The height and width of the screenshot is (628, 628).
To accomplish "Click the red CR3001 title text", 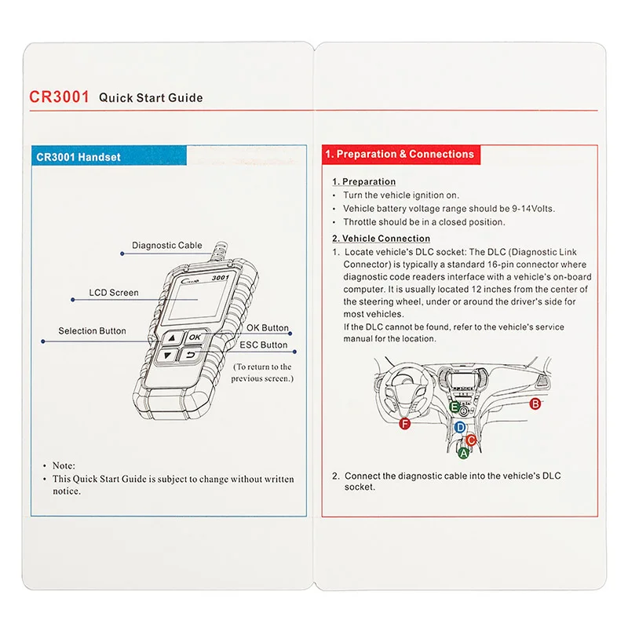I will point(59,97).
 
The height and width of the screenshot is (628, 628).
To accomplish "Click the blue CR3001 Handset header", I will point(78,157).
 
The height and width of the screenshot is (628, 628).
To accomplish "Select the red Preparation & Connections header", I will point(400,155).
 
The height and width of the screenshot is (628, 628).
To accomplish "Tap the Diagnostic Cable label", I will point(166,246).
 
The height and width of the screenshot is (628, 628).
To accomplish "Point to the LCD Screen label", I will point(113,293).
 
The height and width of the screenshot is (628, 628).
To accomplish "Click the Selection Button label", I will point(92,331).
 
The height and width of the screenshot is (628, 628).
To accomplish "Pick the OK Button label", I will point(268,328).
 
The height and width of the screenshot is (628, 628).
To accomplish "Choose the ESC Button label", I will point(263,345).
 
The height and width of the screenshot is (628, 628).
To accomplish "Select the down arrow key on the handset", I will point(167,356).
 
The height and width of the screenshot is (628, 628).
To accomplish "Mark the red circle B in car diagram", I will point(535,403).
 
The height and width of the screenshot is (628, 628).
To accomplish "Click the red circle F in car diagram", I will point(405,424).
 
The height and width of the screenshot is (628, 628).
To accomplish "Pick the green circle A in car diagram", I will point(463,452).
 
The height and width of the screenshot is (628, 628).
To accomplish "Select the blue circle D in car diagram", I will point(461,428).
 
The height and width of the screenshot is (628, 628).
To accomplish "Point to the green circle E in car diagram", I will point(455,407).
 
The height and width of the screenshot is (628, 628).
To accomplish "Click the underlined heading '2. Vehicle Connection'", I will point(381,239).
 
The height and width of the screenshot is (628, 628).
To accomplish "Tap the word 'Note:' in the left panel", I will point(64,466).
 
